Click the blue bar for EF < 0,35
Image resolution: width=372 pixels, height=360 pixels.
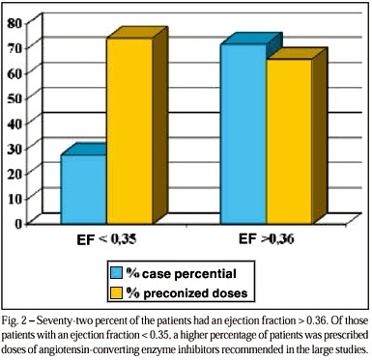pyautogui.click(x=84, y=189)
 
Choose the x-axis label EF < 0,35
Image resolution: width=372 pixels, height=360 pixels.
pyautogui.click(x=106, y=239)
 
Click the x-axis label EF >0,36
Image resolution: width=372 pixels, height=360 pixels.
pyautogui.click(x=267, y=239)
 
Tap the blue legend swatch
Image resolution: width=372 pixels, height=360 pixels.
pyautogui.click(x=117, y=272)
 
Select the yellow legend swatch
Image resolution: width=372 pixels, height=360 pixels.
pyautogui.click(x=117, y=293)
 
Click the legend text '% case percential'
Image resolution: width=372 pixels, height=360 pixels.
pyautogui.click(x=182, y=273)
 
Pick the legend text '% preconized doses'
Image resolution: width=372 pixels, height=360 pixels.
pyautogui.click(x=187, y=293)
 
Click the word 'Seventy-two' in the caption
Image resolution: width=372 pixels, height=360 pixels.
pyautogui.click(x=61, y=321)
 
